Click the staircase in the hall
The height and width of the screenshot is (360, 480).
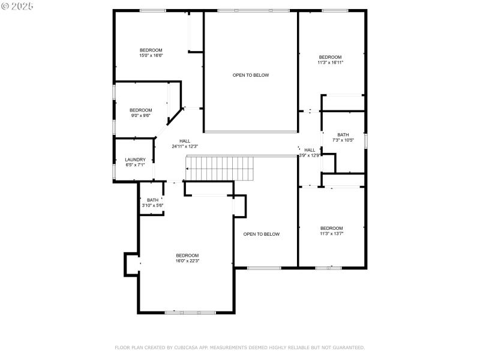220,168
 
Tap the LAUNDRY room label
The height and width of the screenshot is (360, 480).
135,160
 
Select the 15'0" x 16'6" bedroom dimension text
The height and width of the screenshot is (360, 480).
151,55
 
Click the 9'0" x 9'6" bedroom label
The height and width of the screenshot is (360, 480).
141,115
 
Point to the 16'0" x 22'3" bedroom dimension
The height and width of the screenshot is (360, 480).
187,261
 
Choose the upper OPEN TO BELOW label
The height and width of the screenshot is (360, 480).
251,75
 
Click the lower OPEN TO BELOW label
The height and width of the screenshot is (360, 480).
262,234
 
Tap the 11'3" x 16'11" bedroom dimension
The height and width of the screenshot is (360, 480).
330,62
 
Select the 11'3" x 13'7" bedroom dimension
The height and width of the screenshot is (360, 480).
331,233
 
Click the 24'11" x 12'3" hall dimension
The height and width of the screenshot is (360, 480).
185,146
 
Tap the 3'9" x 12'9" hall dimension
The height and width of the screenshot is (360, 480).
310,155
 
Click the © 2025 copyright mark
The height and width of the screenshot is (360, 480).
17,5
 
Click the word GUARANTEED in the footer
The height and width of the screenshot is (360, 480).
346,347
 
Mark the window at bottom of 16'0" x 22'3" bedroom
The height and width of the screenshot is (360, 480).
190,312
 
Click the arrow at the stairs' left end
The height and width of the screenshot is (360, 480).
188,169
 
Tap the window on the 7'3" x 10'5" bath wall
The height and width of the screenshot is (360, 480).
365,140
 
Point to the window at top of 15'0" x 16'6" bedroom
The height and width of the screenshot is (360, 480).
153,10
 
